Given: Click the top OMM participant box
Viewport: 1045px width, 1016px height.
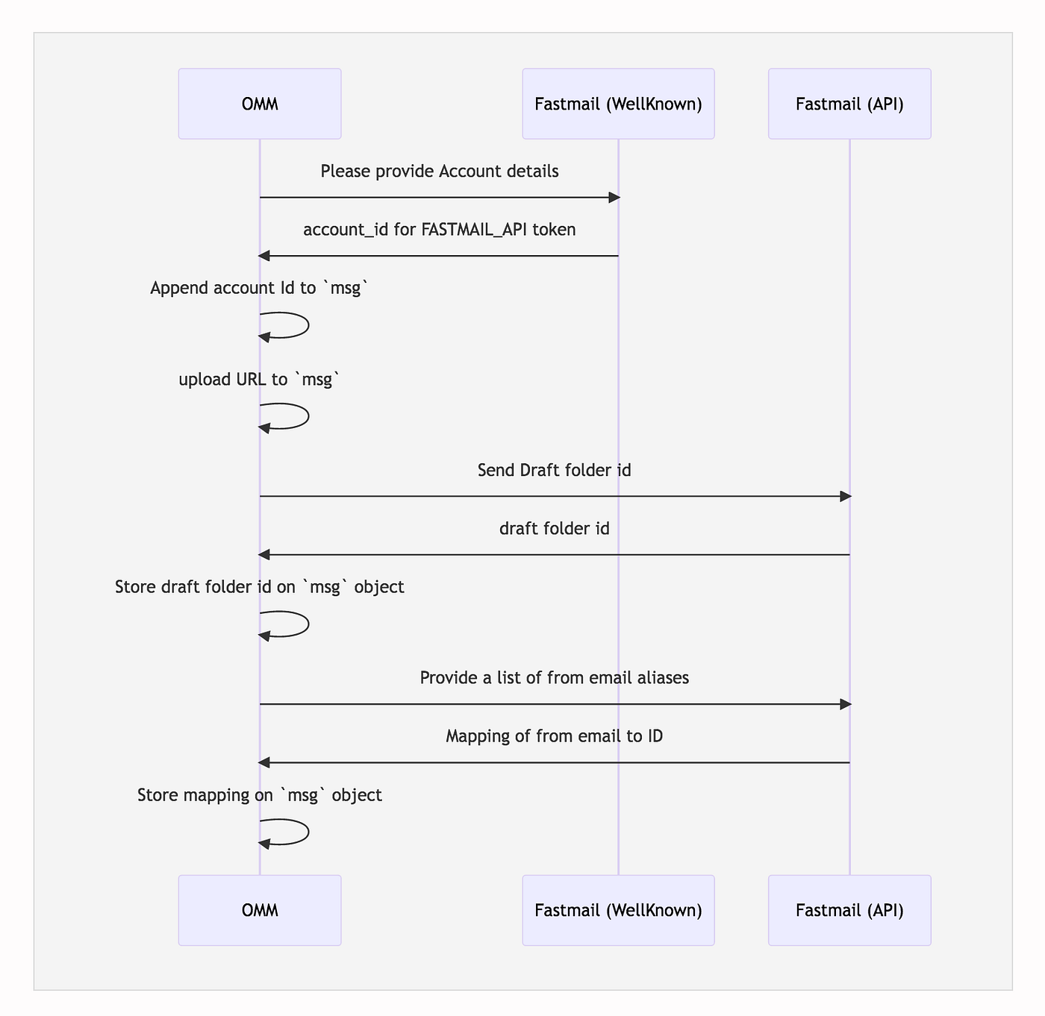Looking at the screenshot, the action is (x=260, y=104).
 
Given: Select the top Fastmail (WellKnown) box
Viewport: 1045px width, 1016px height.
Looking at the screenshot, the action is (x=618, y=104).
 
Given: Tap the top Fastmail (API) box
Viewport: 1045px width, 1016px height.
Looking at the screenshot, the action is (x=849, y=104).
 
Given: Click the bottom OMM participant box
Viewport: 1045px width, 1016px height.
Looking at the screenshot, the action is (x=260, y=910).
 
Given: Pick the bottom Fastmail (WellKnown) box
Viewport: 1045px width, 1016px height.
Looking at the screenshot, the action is (x=618, y=910).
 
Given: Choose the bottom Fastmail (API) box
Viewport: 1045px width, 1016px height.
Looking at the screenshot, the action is (x=849, y=910).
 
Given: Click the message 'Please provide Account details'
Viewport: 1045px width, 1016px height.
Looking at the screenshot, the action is (x=439, y=172).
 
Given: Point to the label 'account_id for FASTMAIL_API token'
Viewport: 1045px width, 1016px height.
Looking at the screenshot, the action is (x=439, y=230).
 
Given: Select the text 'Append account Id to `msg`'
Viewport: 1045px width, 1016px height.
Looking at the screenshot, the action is (x=259, y=288).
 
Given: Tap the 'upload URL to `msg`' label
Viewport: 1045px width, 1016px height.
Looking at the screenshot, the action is (x=259, y=380).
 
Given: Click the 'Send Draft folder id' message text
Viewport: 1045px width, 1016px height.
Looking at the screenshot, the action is (x=554, y=470).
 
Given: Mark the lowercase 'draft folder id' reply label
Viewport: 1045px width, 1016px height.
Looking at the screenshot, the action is (x=554, y=529).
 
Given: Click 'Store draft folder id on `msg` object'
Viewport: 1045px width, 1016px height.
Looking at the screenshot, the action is (x=259, y=587).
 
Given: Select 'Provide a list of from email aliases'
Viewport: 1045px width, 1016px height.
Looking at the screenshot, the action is (x=554, y=678).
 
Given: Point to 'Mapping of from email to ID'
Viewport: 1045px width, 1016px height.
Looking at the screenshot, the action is (x=554, y=736).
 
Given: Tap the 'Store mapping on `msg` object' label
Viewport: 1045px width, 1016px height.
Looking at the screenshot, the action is (x=259, y=795).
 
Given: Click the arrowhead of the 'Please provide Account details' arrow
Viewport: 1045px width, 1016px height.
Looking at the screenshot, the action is (x=614, y=198).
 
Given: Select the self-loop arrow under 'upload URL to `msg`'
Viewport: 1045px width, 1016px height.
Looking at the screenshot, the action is (x=308, y=416).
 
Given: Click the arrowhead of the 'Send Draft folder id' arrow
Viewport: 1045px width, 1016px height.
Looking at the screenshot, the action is (x=846, y=497).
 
